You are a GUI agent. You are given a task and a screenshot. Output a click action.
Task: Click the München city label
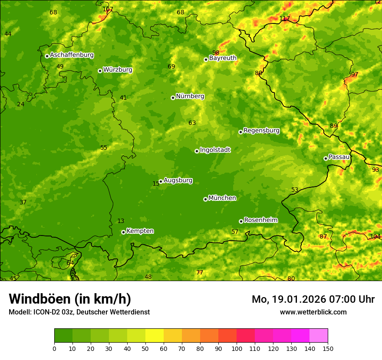click(x=222, y=198)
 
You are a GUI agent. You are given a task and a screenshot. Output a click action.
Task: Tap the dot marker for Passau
click(x=326, y=158)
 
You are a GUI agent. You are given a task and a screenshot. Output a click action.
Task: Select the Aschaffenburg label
click(x=72, y=55)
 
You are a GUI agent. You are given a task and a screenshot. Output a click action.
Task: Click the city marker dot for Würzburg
click(x=100, y=71)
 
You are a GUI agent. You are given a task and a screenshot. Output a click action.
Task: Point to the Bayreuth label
click(x=223, y=58)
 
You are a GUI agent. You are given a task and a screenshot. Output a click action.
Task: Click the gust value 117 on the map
click(x=284, y=18)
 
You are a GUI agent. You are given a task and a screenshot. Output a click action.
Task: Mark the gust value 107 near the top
click(x=108, y=9)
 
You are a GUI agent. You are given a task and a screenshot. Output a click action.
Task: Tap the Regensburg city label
click(x=261, y=131)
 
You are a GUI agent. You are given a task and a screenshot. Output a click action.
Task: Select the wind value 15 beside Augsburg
click(x=156, y=184)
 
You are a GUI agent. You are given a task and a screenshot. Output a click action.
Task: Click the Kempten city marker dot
click(x=123, y=232)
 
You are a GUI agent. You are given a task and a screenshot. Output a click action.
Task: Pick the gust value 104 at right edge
click(x=375, y=236)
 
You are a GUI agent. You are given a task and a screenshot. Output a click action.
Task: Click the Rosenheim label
click(x=260, y=220)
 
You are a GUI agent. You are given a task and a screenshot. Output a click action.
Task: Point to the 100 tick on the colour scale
click(x=237, y=348)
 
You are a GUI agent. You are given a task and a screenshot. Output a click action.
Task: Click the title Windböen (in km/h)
click(x=70, y=299)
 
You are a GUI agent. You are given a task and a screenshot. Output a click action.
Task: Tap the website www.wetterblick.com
click(x=313, y=312)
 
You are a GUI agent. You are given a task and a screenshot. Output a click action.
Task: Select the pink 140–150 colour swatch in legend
click(x=319, y=336)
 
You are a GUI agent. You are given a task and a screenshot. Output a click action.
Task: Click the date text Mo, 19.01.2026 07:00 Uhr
click(x=313, y=299)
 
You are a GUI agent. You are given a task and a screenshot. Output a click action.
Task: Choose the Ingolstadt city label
click(x=215, y=150)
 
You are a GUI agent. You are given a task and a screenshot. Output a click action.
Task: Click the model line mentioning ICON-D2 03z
click(x=79, y=312)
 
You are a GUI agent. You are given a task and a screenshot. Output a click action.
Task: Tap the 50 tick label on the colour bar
click(x=145, y=348)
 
